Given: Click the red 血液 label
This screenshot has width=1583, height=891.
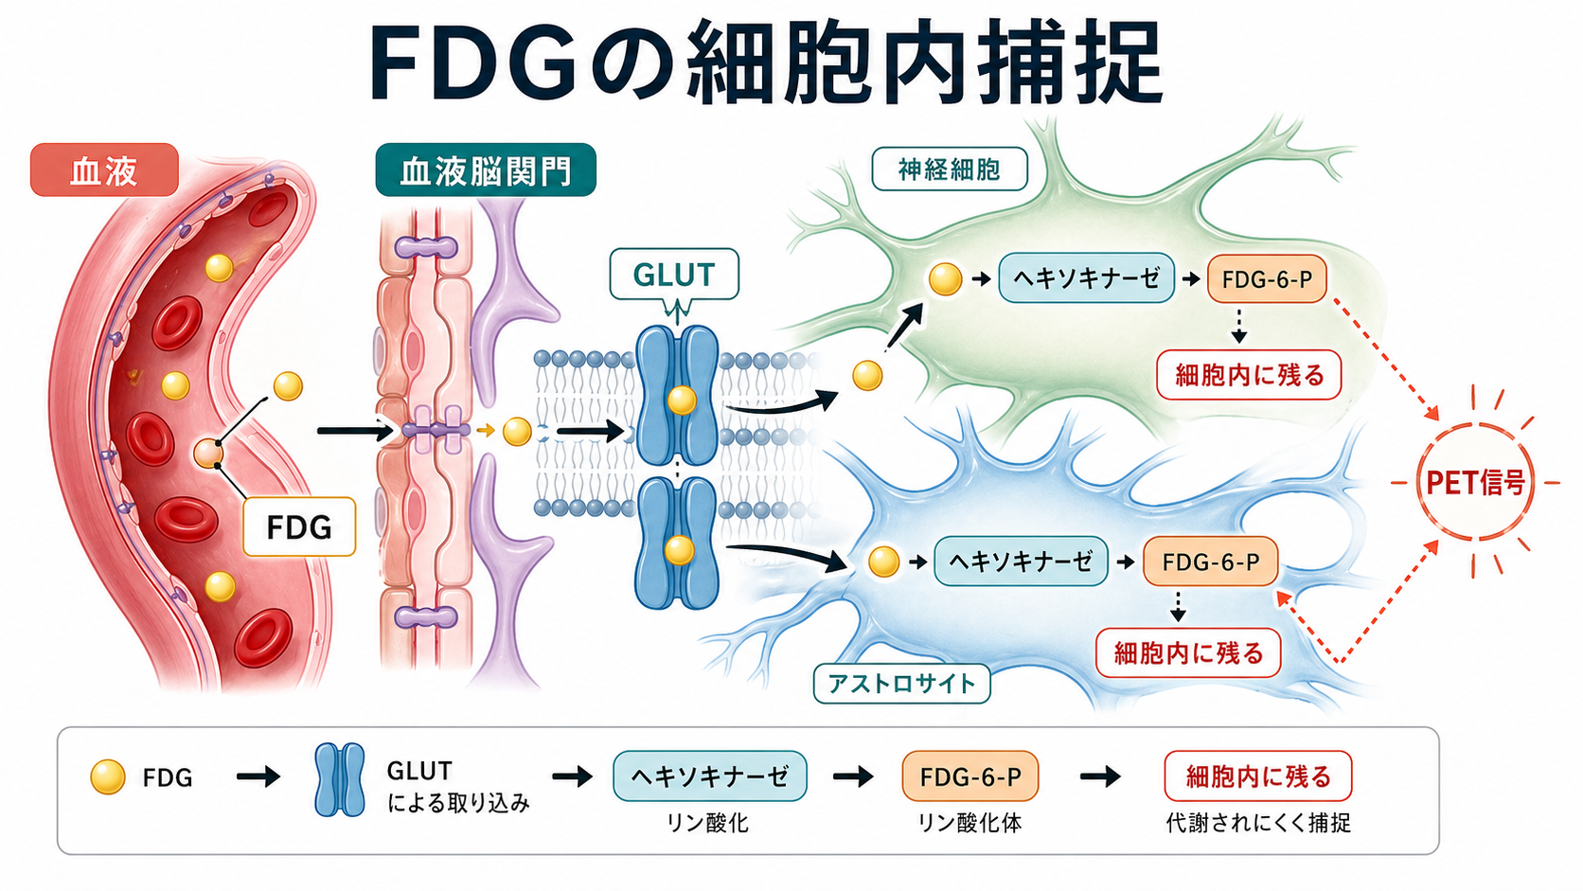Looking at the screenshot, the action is pos(104,169).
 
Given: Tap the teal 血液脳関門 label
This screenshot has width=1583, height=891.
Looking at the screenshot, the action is pos(486,169).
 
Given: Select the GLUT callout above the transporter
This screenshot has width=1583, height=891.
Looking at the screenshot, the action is pos(674,275).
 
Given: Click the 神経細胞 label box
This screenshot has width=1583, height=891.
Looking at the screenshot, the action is pos(949,169).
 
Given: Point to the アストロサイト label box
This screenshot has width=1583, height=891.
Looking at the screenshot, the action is pos(901,684).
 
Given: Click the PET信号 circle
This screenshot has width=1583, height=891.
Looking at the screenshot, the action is pos(1476,483).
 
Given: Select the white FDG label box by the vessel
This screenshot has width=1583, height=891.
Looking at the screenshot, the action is pos(299,526).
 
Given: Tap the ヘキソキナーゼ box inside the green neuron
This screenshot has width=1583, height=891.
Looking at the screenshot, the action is pos(1086,278).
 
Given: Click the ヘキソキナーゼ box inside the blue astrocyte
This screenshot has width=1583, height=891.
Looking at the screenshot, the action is pos(1021,561).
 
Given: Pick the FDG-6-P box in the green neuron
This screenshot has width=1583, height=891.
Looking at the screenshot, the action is pos(1267,279).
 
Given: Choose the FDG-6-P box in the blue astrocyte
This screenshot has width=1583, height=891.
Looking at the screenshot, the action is pos(1211,561).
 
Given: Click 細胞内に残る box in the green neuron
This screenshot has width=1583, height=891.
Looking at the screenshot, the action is pos(1249,375).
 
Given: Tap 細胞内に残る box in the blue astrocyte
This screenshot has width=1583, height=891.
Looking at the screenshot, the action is pos(1188,653).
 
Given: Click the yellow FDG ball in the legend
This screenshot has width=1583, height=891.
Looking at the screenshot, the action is pos(107,777).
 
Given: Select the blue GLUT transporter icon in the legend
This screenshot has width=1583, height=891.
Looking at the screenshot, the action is pos(340,779).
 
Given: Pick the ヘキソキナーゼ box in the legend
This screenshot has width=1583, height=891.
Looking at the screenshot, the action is pos(709,775).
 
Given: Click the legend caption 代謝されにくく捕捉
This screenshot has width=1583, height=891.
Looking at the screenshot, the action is pos(1258,823).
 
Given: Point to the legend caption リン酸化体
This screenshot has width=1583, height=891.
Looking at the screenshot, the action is pos(969,823).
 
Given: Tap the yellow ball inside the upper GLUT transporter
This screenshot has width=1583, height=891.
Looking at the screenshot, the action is pos(682,401).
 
